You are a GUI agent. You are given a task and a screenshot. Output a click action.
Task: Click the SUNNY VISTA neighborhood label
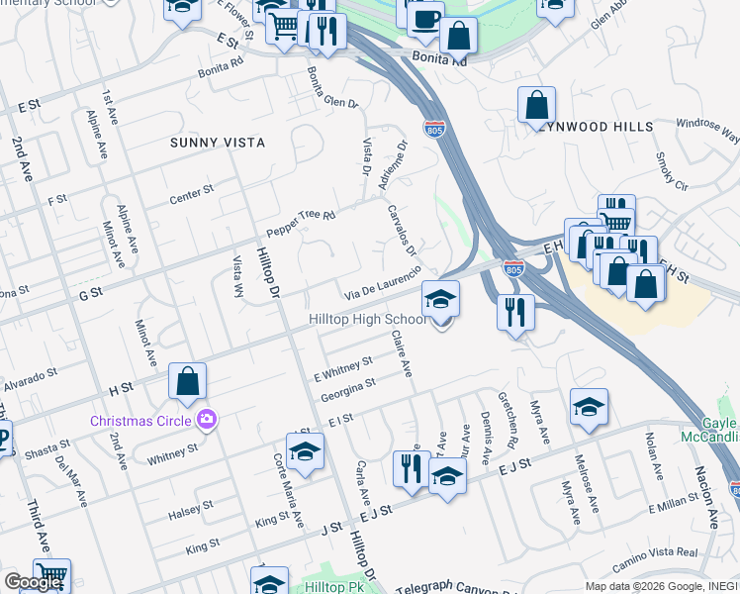[218, 143]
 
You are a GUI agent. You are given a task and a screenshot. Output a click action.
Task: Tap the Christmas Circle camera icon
[206, 420]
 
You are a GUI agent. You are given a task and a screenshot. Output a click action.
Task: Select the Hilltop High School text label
[368, 320]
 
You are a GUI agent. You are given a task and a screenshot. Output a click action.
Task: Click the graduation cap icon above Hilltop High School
[441, 298]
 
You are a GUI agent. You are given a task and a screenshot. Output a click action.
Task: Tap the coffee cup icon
[424, 20]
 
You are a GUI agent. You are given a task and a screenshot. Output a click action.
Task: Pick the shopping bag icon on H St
[187, 381]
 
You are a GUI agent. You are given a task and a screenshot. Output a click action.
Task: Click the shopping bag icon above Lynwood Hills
[536, 105]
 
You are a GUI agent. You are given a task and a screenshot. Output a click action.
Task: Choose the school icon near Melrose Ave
[589, 407]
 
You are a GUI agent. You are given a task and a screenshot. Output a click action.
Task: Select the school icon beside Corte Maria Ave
[307, 452]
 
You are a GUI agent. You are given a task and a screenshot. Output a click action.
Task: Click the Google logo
[34, 582]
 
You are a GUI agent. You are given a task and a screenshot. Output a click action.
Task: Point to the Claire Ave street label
[402, 353]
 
